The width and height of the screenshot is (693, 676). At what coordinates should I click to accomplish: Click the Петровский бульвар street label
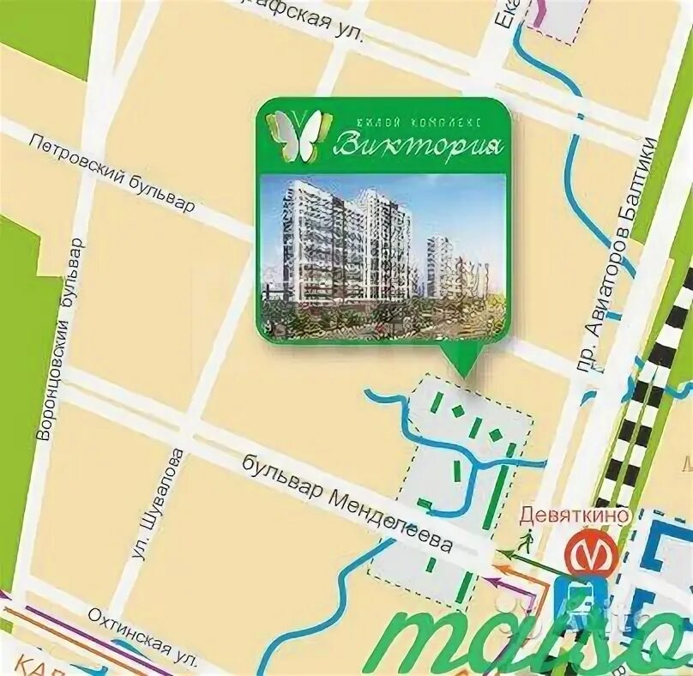tap(111, 172)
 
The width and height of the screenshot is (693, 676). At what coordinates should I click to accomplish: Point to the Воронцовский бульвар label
tap(59, 338)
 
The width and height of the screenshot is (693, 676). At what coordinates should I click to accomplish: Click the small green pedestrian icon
tap(527, 540)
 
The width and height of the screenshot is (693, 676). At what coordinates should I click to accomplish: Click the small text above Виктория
tap(419, 117)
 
